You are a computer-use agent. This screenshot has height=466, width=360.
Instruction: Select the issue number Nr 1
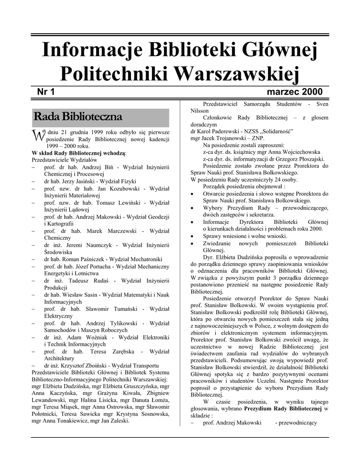tap(46, 92)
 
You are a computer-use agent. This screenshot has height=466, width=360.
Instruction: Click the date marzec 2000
tap(294, 92)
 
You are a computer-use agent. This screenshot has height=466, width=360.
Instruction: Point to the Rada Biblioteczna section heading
tap(78, 117)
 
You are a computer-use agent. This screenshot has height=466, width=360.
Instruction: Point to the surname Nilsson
tap(200, 111)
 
